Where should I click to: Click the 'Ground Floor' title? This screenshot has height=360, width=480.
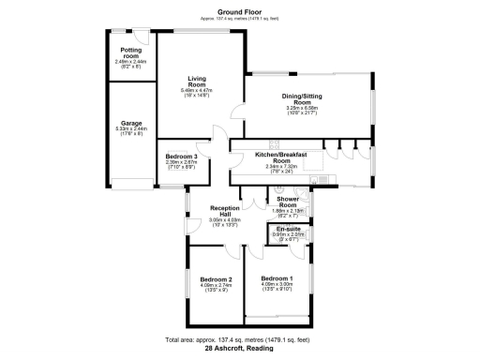pos(239,10)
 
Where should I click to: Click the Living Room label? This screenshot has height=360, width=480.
pos(197,82)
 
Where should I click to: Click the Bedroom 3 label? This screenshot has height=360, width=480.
pos(181,156)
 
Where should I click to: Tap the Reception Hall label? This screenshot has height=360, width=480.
pos(222,211)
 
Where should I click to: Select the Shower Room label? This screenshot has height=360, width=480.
pos(287,201)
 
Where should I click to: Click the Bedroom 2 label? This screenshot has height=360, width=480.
pos(217,279)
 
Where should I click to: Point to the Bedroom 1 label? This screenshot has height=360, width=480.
pos(277,279)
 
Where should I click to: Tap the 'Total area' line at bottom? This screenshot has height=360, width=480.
pos(239,338)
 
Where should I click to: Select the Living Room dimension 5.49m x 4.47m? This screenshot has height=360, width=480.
pos(197,91)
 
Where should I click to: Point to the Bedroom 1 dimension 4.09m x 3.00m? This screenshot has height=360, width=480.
pos(277,286)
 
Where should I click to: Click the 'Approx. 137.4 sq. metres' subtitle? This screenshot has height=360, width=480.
pos(239,18)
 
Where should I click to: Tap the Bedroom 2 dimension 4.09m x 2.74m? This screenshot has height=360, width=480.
pos(217,286)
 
